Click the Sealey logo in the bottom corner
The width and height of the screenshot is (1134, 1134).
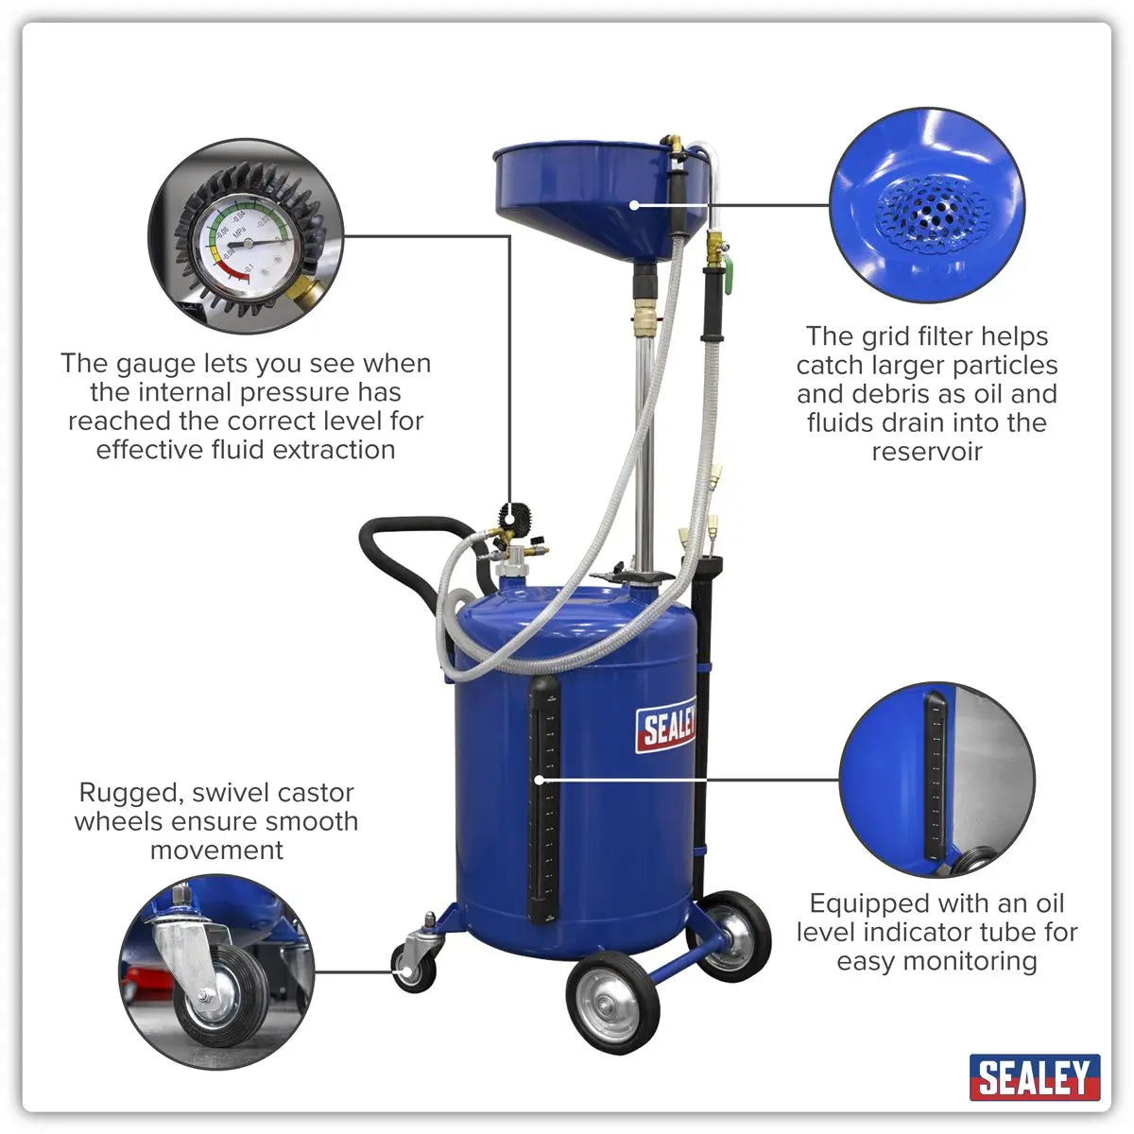click(x=1034, y=1077)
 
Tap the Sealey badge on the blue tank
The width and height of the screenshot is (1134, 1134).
click(x=666, y=726)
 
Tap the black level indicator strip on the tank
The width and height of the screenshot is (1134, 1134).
click(x=544, y=799)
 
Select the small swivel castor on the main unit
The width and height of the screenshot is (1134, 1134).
click(x=413, y=964)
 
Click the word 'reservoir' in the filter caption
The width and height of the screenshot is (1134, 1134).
click(x=926, y=451)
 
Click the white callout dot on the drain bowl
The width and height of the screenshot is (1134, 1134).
click(x=635, y=203)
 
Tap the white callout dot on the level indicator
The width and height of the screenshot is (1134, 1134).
click(x=539, y=781)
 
